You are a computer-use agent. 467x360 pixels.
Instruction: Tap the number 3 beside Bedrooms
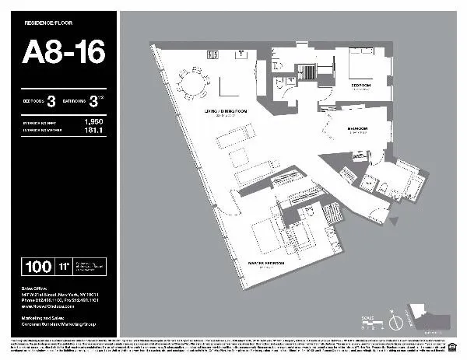pyautogui.click(x=51, y=100)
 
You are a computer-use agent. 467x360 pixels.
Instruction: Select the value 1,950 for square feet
pyautogui.click(x=93, y=122)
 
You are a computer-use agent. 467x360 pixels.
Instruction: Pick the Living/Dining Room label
pyautogui.click(x=223, y=114)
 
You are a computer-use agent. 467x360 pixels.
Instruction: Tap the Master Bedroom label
pyautogui.click(x=265, y=264)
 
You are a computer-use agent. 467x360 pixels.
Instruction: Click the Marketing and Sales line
pyautogui.click(x=50, y=318)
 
